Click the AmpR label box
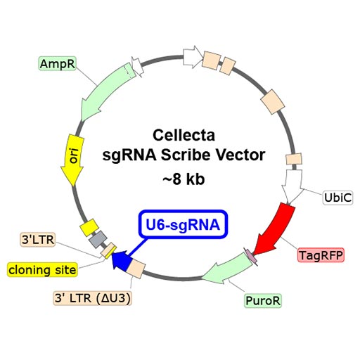[x=57, y=64]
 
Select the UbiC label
[x=336, y=198]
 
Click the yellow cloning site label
[x=40, y=269]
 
